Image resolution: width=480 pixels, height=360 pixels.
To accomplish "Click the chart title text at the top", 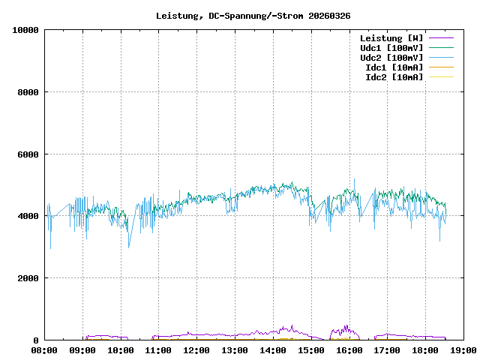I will [253, 16].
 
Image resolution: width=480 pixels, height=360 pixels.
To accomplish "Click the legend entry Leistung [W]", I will [391, 38].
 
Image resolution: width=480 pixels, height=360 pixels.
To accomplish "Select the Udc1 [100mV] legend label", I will [391, 48].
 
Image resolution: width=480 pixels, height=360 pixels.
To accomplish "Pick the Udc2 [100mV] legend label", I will [391, 58].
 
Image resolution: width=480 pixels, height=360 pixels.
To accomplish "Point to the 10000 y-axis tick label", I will [25, 31].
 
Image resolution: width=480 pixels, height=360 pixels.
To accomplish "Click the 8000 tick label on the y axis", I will [27, 92].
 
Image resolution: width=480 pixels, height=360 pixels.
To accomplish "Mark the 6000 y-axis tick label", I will [27, 154].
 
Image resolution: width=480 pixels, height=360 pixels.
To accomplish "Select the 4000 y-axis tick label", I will [27, 217].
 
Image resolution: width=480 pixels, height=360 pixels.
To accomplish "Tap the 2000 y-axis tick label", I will [27, 278].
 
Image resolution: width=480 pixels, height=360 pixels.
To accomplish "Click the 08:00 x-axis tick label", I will [44, 350].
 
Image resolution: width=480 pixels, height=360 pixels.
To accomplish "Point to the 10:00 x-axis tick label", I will [121, 350].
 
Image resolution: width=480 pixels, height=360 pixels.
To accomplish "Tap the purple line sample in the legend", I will [442, 38].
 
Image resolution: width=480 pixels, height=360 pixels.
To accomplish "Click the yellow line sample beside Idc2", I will [442, 77].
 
